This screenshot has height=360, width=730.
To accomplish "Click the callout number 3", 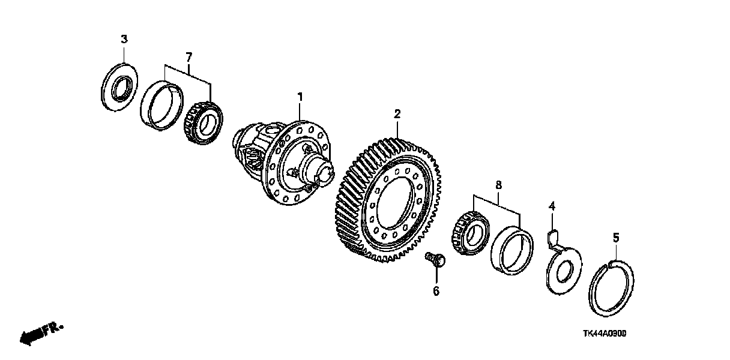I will pyautogui.click(x=124, y=40).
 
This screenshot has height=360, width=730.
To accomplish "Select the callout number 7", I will pyautogui.click(x=189, y=57).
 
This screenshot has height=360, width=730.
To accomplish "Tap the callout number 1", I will pyautogui.click(x=300, y=96).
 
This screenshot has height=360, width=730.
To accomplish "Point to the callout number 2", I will pyautogui.click(x=397, y=113).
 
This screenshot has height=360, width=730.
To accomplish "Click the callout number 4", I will pyautogui.click(x=552, y=208).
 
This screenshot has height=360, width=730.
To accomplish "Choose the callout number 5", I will pyautogui.click(x=615, y=238).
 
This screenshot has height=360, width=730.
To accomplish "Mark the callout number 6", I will pyautogui.click(x=436, y=291).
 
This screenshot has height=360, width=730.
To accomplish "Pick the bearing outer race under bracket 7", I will pyautogui.click(x=161, y=106).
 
